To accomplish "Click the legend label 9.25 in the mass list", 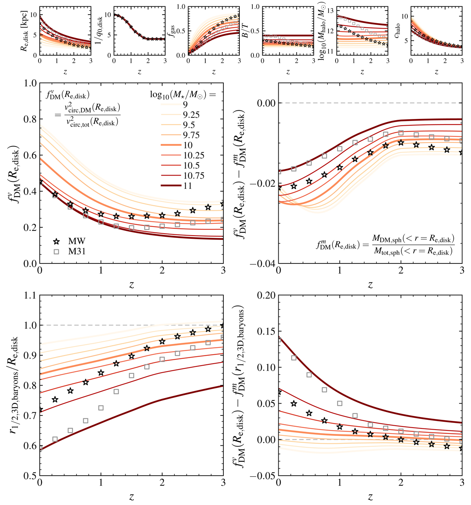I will [191, 115].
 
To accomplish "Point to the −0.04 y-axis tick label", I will [265, 263].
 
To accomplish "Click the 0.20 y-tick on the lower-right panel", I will [266, 295].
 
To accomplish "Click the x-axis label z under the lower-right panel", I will [370, 496].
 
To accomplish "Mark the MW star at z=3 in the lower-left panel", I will [223, 326].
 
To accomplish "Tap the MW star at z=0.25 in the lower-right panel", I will [294, 404].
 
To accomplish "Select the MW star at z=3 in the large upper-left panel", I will [223, 204].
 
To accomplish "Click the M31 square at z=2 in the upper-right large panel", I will [401, 133].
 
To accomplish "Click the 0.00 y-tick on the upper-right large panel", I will [266, 103].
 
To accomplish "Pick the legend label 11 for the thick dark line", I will [187, 186].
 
